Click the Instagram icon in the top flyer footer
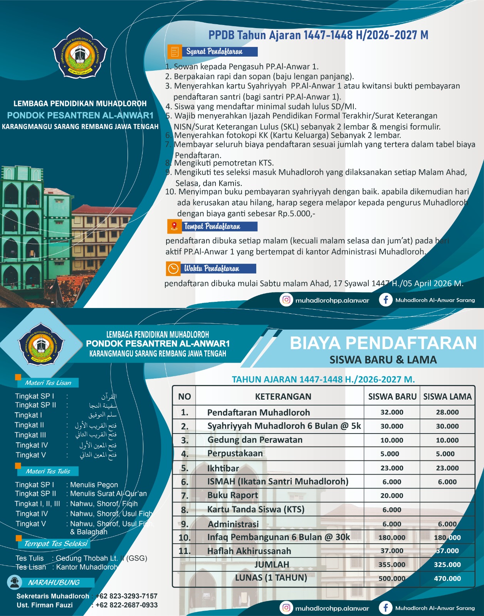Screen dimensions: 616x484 click(x=286, y=300)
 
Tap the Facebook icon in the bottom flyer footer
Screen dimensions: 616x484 click(x=385, y=608)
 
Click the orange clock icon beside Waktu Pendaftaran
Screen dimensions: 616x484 click(x=173, y=268)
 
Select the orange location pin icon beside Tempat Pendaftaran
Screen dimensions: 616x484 click(x=174, y=226)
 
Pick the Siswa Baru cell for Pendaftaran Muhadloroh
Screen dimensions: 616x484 click(x=392, y=412)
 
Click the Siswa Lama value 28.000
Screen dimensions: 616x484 click(x=447, y=412)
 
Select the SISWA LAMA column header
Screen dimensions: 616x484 click(x=447, y=397)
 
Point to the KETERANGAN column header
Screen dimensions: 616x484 click(x=283, y=397)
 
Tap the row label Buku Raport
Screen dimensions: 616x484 click(x=232, y=495)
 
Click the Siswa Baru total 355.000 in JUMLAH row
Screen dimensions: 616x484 click(x=392, y=565)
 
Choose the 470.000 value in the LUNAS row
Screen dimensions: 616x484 click(x=447, y=578)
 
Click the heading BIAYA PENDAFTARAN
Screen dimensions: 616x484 click(x=383, y=343)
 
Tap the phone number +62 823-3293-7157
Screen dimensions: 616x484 click(x=126, y=596)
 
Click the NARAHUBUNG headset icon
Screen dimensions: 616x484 click(x=15, y=582)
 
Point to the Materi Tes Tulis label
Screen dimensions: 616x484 click(x=48, y=471)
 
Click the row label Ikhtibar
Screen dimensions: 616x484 click(x=223, y=468)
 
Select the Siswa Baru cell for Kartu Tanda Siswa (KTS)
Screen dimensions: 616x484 click(x=392, y=510)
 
